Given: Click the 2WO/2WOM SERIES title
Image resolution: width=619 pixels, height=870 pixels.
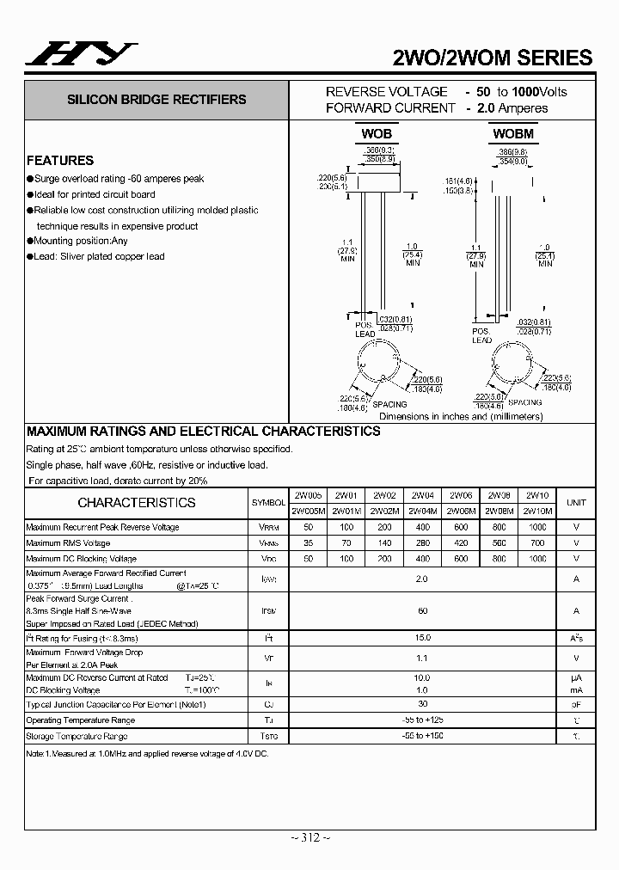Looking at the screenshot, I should click(491, 58).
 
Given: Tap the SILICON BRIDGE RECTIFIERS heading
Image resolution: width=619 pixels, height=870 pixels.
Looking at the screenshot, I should click(156, 100).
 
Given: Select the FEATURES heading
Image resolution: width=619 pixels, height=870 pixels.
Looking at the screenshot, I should click(60, 160).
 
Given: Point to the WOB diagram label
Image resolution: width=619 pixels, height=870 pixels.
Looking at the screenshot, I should click(376, 133).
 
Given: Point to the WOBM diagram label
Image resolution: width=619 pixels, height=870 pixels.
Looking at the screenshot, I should click(513, 133).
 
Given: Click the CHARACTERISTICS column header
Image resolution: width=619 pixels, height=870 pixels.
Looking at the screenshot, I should click(137, 503).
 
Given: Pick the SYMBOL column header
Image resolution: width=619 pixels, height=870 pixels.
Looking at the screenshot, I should click(268, 503).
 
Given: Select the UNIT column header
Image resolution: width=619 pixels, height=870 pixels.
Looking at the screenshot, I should click(576, 503).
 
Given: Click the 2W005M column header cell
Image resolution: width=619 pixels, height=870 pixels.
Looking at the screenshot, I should click(309, 511).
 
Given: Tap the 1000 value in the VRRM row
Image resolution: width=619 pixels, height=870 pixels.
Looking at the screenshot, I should click(537, 527).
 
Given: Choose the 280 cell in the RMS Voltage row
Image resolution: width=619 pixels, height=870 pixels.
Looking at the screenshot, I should click(422, 543).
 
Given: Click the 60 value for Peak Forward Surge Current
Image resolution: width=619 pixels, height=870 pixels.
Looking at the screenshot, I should click(422, 610).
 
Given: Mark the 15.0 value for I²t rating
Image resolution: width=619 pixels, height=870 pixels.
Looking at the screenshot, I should click(422, 639).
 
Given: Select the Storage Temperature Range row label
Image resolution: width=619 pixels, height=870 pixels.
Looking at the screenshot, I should click(77, 737).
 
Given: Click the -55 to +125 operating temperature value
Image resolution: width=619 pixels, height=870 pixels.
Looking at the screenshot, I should click(422, 720).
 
